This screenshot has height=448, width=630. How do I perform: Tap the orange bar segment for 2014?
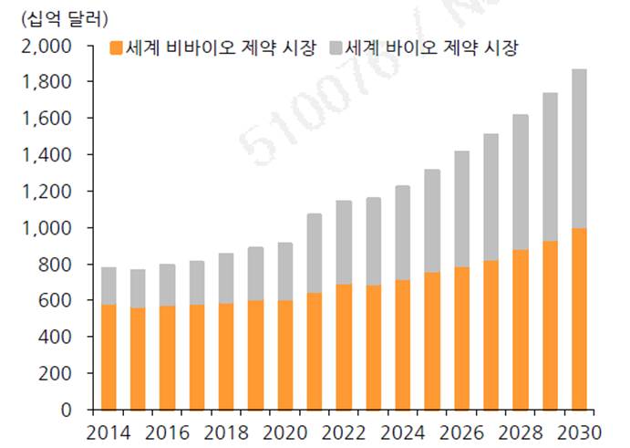coord(108,357)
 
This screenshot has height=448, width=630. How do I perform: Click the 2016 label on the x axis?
coord(167,432)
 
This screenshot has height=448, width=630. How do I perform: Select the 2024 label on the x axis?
coord(402,432)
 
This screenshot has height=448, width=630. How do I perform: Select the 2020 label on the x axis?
coord(284,432)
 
